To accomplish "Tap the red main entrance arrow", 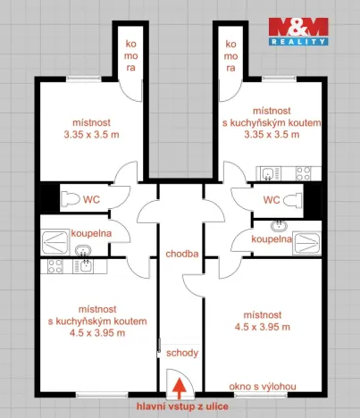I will coord(180,388).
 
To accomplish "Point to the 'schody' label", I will coord(181,353).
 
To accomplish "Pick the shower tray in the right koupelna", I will coord(305,239).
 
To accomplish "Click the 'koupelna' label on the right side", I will coord(272,239).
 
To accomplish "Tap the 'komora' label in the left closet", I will coord(130,54).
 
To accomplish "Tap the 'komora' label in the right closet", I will coord(230,54).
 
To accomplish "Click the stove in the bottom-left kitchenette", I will coord(56,264).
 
